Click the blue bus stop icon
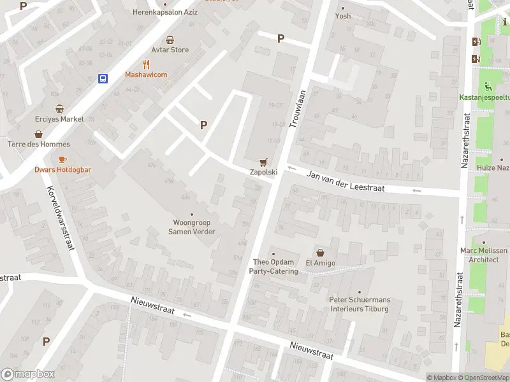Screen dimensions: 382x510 tap(103, 78)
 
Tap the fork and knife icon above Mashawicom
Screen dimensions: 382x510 tap(146, 64)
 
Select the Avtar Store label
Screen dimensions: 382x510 tap(170, 50)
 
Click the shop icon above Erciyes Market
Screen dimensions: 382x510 tap(59, 108)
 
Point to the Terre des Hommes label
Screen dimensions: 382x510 tap(39, 144)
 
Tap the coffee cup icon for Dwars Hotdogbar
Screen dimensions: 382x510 tap(62, 159)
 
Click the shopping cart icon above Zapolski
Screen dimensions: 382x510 tap(263, 162)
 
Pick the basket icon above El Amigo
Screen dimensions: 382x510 tap(320, 252)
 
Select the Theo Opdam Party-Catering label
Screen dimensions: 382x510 tap(275, 267)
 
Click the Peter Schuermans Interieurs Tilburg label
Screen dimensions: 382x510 tap(360, 304)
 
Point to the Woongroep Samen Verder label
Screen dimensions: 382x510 tap(191, 227)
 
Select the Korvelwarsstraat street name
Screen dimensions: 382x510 tap(61, 216)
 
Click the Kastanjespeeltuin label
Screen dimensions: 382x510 tap(484, 98)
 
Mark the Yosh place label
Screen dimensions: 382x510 tap(343, 16)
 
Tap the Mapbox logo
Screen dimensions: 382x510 tap(28, 374)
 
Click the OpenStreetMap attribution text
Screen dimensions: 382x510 tap(483, 378)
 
